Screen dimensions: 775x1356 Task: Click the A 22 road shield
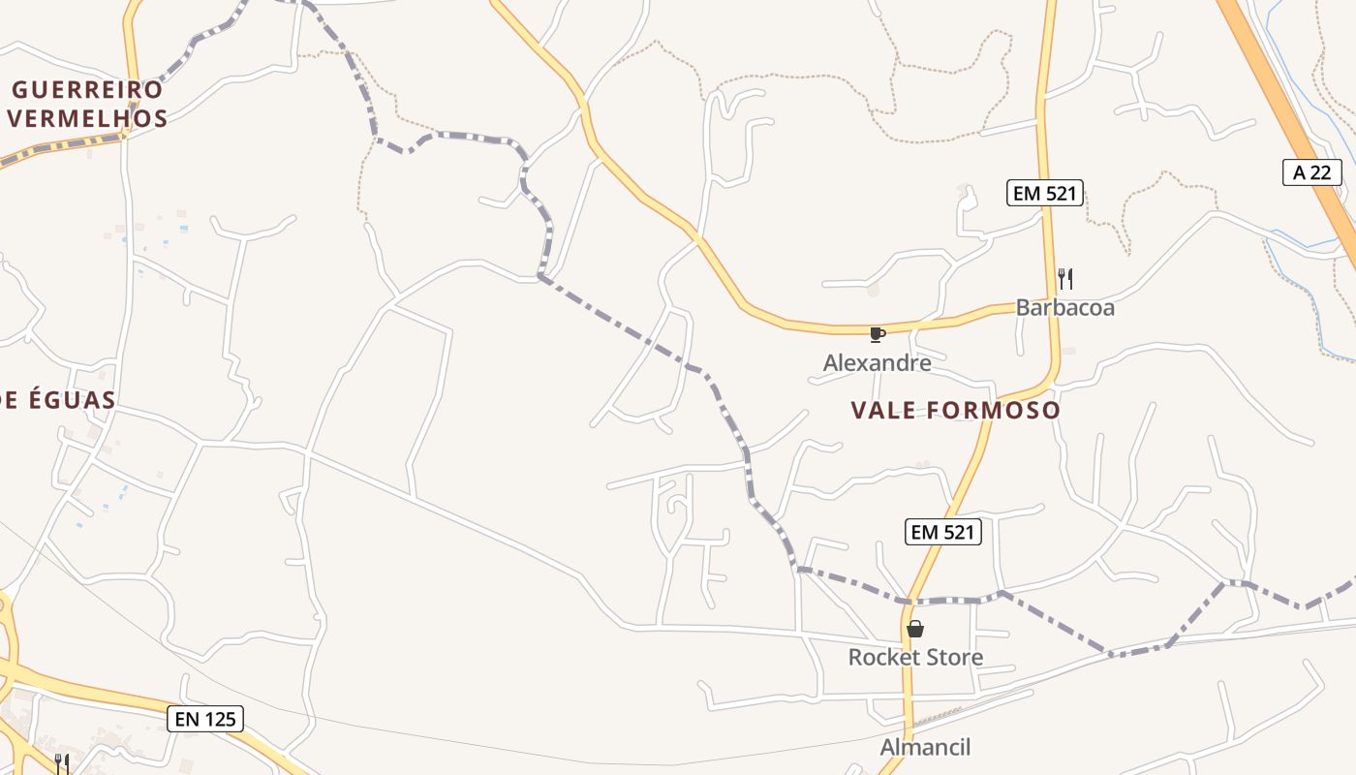pos(1312,172)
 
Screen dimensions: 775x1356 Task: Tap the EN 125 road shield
pos(204,719)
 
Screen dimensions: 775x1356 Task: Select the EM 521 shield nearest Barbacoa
pos(1043,193)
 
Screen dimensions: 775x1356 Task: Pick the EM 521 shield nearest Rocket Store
pos(943,531)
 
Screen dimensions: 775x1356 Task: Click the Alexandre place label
pos(877,363)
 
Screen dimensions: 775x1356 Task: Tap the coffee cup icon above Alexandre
pos(877,335)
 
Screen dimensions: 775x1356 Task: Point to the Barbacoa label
pos(1064,308)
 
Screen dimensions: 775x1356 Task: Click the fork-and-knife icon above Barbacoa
pos(1064,279)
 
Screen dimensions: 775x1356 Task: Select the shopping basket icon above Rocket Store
pos(915,630)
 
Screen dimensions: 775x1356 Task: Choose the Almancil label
pos(925,747)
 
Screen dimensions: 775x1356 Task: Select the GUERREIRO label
pos(87,90)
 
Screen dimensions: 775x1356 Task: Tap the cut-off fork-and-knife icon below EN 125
pos(61,763)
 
